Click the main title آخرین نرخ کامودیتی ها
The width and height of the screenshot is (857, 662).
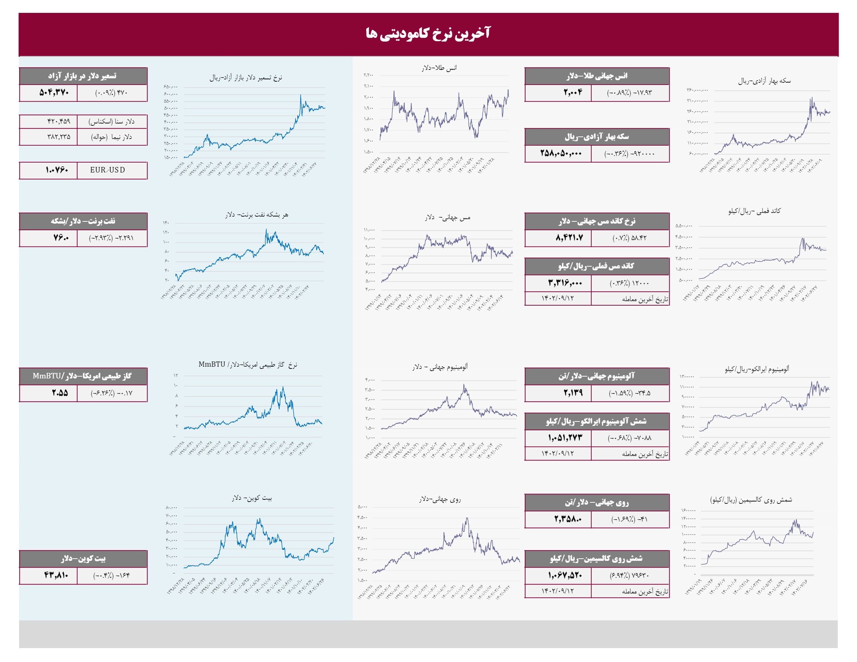click(x=428, y=33)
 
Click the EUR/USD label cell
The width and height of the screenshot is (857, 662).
click(x=107, y=170)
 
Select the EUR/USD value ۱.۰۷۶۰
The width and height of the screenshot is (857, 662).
click(x=57, y=170)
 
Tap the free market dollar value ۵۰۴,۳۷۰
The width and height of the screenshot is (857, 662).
click(x=54, y=93)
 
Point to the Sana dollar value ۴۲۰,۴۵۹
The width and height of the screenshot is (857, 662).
click(x=59, y=122)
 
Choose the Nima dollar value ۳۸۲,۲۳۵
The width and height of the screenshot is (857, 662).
click(x=59, y=137)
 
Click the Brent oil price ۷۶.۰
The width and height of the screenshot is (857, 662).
click(x=61, y=238)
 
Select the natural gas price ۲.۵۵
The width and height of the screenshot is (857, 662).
click(x=60, y=393)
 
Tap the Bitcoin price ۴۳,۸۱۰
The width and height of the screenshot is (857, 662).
click(x=56, y=575)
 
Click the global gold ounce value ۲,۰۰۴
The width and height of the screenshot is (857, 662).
click(x=573, y=93)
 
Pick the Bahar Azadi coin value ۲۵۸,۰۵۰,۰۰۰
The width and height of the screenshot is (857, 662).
click(x=561, y=154)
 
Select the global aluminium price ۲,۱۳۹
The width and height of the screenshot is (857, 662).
click(x=573, y=393)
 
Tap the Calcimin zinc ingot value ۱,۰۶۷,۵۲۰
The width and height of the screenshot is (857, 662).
click(x=565, y=575)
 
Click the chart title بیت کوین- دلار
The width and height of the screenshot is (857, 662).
click(x=252, y=498)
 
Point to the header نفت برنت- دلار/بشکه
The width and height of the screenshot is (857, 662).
click(x=83, y=221)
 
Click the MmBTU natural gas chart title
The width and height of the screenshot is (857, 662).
click(x=248, y=365)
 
